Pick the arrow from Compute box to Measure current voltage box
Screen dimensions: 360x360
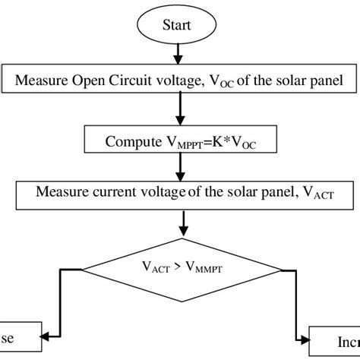coord(180,165)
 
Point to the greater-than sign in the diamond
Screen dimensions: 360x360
coord(182,267)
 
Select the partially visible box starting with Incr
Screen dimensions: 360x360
coord(335,339)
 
